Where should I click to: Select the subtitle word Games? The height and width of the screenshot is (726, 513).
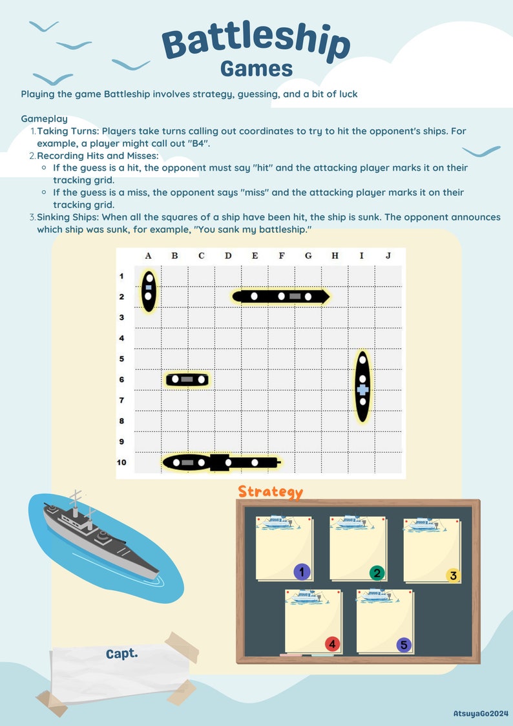tap(256, 69)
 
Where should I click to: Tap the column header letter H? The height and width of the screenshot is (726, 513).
tap(335, 256)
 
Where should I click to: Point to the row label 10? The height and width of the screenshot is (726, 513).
tap(121, 462)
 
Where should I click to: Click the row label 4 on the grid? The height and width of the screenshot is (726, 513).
tap(121, 338)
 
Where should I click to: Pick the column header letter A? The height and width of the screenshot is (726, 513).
tap(148, 256)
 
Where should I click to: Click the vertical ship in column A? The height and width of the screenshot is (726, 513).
tap(149, 290)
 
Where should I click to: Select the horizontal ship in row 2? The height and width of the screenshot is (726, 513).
tap(281, 297)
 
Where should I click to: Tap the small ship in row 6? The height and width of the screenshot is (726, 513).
tap(187, 379)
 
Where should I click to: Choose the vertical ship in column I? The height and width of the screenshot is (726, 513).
tap(362, 387)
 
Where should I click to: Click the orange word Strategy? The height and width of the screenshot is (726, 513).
tap(270, 491)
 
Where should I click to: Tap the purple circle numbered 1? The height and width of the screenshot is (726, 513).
tap(302, 571)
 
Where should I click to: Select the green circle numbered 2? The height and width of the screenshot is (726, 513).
tap(377, 573)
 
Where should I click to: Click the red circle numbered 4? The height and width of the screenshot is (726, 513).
tap(332, 644)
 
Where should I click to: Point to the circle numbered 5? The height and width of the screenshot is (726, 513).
tap(404, 645)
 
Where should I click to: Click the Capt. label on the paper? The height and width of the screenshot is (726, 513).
tap(121, 654)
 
